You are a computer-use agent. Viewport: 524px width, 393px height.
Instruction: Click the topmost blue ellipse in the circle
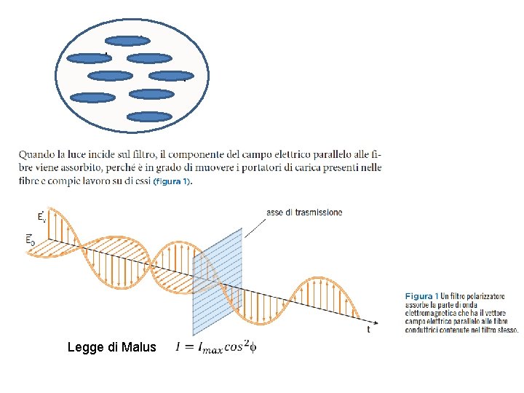(x=127, y=41)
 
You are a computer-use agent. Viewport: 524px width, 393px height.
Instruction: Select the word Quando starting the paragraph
(x=37, y=154)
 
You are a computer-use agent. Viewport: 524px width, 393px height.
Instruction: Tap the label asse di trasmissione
(x=304, y=213)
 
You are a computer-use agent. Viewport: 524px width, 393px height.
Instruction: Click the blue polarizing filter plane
(x=217, y=280)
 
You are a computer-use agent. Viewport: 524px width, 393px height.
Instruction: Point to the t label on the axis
(x=368, y=329)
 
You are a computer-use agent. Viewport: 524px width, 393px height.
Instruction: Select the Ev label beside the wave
(x=42, y=216)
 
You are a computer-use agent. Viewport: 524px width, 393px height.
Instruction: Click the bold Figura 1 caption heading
(x=419, y=296)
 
